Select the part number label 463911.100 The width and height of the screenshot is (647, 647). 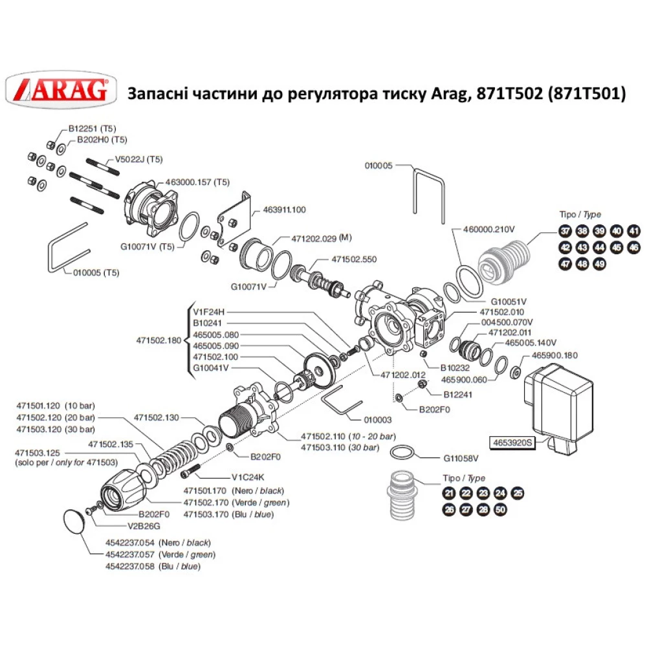coord(284,210)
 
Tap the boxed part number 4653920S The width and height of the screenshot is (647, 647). coord(509,443)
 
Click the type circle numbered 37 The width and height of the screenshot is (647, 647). coord(565,232)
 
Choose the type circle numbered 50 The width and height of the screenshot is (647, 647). coord(499,509)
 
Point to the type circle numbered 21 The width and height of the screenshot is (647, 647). coord(448,493)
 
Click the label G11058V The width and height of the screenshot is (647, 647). coord(461,458)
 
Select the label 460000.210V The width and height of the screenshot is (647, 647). coord(488,229)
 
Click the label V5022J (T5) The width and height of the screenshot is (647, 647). coord(138,159)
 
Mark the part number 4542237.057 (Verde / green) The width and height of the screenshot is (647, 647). coord(160,554)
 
